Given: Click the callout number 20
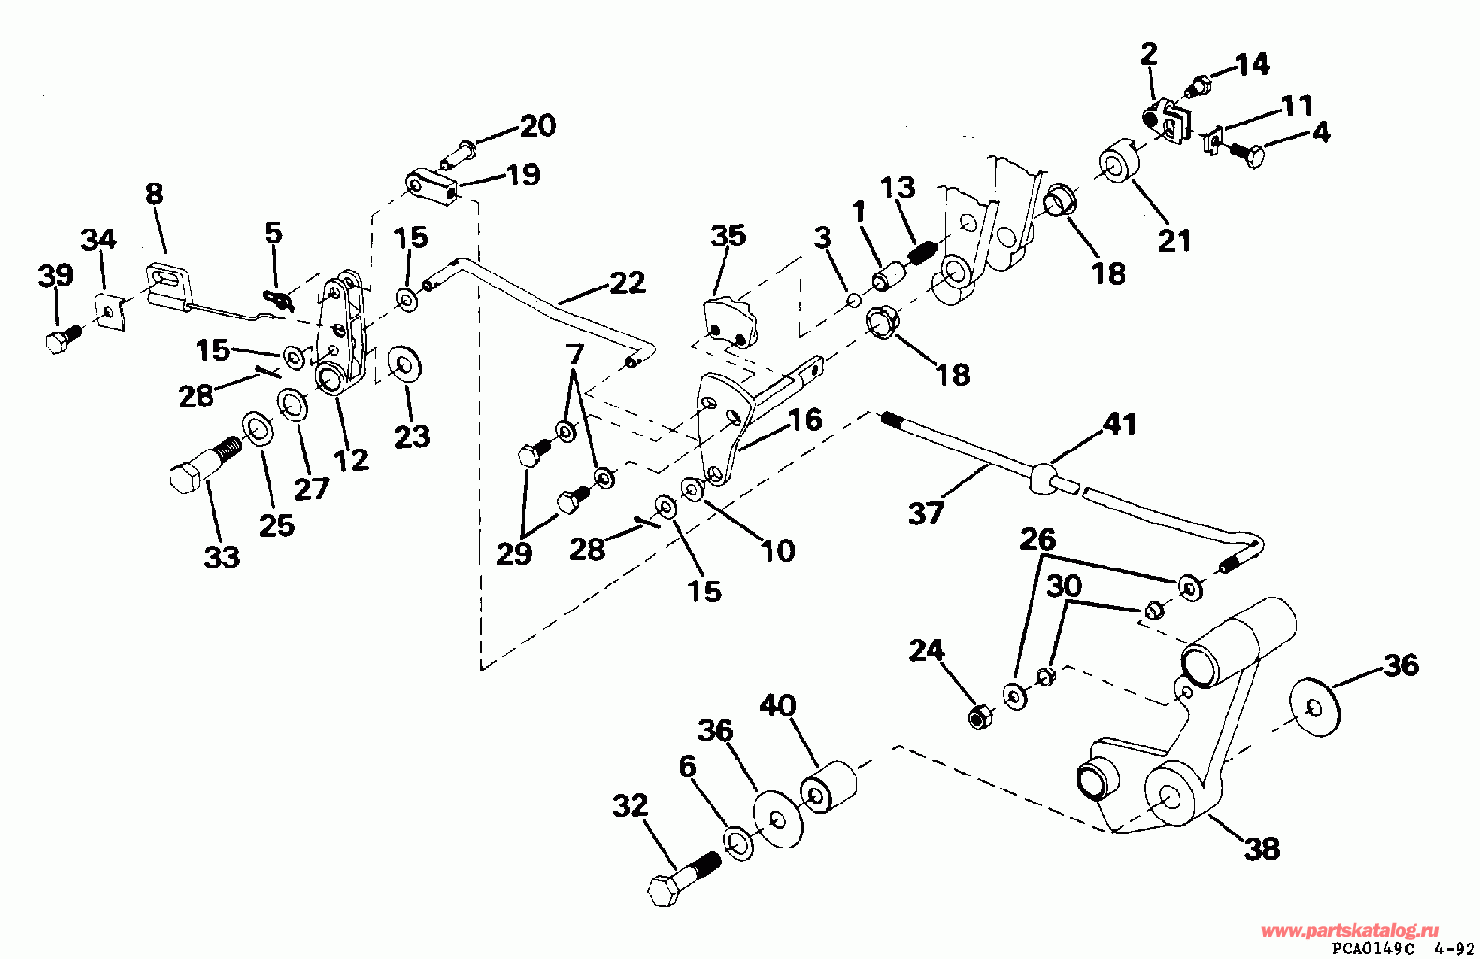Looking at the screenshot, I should point(537,125).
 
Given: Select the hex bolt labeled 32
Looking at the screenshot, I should point(681,876).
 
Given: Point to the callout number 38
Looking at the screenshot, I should point(1262,848).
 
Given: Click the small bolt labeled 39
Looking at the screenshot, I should point(61,337).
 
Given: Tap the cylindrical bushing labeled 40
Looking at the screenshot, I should point(828,787).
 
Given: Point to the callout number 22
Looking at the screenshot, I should point(626,282).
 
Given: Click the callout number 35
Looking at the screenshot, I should point(727,235).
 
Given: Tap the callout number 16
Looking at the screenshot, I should point(804,419).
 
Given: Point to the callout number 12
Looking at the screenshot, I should point(351,460).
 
